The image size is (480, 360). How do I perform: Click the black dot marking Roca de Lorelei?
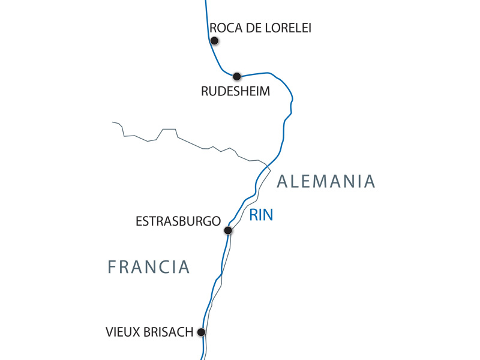pos(214,41)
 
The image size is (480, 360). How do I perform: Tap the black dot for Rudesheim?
pos(237,76)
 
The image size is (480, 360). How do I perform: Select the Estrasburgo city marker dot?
pos(228,230)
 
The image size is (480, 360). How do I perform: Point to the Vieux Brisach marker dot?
pos(202,332)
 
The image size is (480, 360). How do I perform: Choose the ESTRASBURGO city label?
pos(178,221)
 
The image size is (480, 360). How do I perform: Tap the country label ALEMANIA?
pos(326,181)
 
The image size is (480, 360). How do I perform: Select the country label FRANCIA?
pos(149,267)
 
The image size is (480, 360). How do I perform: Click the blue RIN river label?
pos(261,215)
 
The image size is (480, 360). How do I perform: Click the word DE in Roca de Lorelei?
pos(251,28)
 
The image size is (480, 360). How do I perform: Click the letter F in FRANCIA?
pos(112,267)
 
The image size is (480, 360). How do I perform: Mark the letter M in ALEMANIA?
pos(322,181)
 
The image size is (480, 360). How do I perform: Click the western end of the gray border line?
pos(113,122)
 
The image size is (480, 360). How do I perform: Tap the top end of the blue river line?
pos(206,1)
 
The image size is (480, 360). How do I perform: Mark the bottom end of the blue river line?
pos(202,358)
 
